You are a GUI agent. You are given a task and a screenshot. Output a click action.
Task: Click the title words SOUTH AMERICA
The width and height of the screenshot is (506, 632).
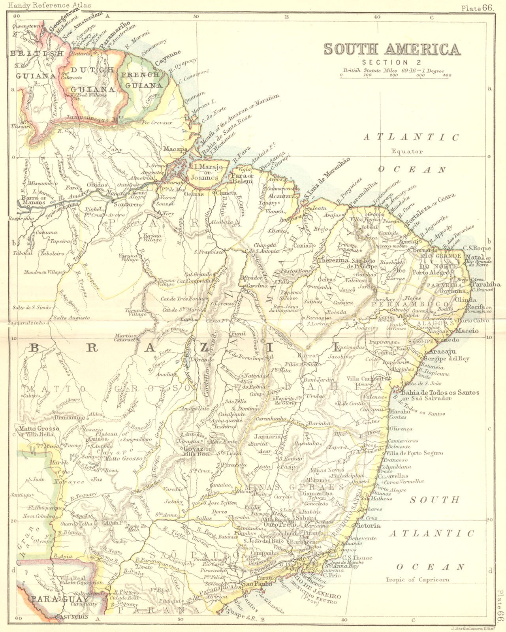pyautogui.click(x=392, y=49)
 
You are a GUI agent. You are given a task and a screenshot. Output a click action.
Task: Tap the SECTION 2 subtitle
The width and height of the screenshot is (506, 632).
pyautogui.click(x=391, y=62)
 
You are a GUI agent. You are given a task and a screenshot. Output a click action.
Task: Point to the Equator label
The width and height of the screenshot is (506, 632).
pyautogui.click(x=407, y=151)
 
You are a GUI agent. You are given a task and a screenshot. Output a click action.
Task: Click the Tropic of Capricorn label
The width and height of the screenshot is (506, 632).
pyautogui.click(x=418, y=580)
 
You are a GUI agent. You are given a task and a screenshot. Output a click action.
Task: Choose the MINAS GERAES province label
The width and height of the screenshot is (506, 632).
pyautogui.click(x=294, y=486)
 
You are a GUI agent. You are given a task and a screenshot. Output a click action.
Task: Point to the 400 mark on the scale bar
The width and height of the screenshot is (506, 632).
pyautogui.click(x=447, y=75)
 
